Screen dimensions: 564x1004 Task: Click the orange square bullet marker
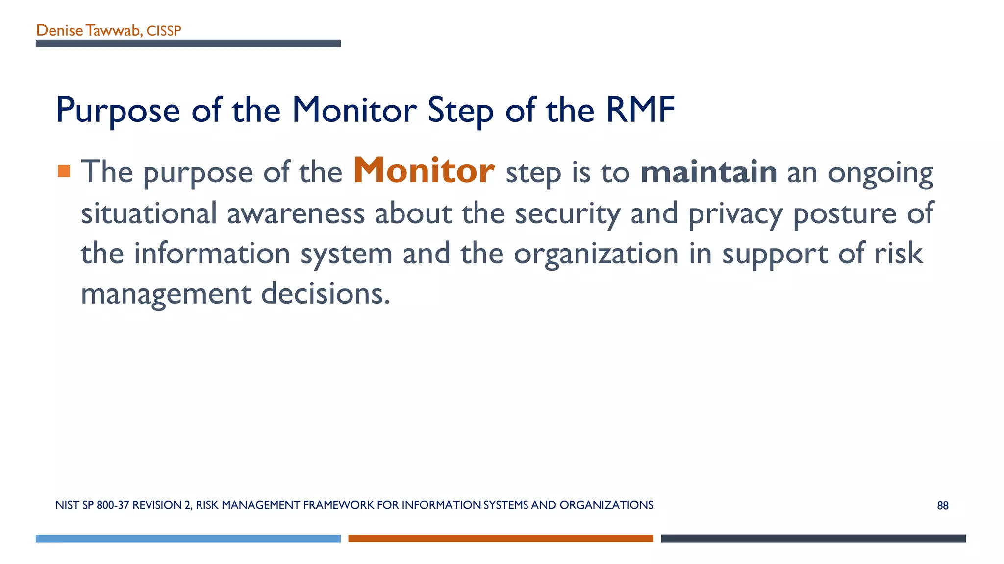(x=64, y=171)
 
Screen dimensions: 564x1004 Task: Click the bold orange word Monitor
(x=424, y=171)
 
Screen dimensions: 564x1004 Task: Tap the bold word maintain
(x=708, y=172)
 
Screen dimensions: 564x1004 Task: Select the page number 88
(x=942, y=506)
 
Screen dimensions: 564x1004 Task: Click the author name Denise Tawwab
(x=89, y=31)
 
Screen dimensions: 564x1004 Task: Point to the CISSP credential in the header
(x=164, y=31)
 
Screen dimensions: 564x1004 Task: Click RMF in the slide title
(x=640, y=110)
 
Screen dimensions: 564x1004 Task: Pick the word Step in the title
(x=460, y=111)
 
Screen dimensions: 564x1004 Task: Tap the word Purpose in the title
(x=118, y=111)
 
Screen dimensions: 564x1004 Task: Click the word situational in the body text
(x=149, y=213)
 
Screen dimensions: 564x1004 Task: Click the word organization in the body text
(x=596, y=254)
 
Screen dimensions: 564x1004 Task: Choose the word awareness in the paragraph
(x=296, y=213)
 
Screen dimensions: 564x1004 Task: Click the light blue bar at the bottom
(x=188, y=539)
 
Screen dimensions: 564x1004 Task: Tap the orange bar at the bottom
(x=501, y=539)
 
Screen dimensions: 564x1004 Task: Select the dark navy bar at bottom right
(x=813, y=539)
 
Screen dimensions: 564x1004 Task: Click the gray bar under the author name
(x=188, y=44)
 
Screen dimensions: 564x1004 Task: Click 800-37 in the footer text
(x=113, y=505)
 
